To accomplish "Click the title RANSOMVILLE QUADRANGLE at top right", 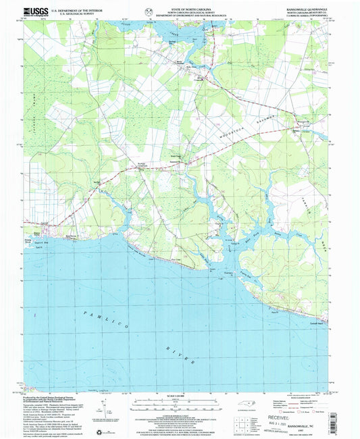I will [307, 8].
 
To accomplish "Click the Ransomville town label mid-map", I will [174, 161].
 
